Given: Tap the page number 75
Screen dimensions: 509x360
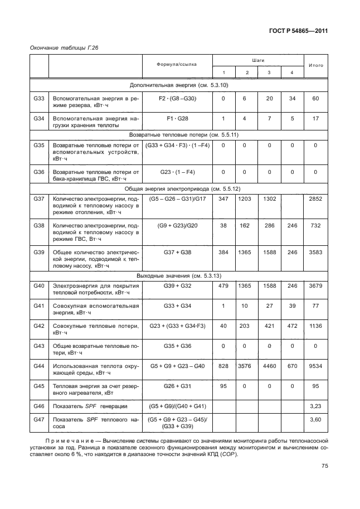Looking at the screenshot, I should pos(324,482).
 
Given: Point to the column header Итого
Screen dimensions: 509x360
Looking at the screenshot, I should pos(315,65).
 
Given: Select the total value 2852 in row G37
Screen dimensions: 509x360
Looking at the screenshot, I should pos(315,198).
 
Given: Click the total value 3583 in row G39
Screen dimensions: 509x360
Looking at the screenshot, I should pos(315,253).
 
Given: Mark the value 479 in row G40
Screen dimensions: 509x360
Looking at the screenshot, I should pos(223,286).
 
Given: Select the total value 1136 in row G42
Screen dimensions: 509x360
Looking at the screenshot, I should pos(315,326).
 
